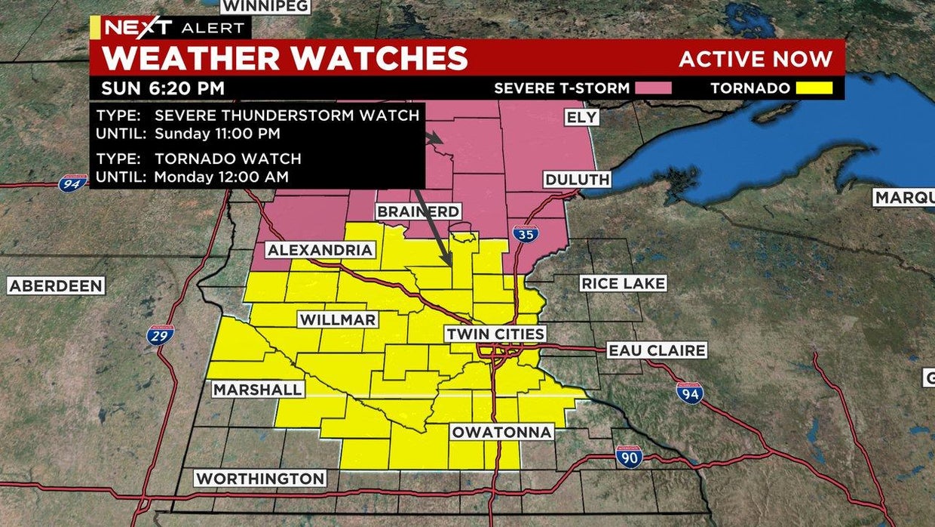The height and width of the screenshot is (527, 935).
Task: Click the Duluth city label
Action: coord(578,180)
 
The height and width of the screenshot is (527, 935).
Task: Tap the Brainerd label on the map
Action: coord(418,211)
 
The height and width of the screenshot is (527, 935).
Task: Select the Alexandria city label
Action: coord(320,250)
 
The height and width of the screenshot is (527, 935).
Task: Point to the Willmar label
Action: coord(338,319)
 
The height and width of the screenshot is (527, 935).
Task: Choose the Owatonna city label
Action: coord(502,432)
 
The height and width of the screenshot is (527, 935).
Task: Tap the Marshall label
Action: coord(258,389)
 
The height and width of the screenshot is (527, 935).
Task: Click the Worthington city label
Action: coord(260,478)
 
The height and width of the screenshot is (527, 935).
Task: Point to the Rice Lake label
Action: coord(623,283)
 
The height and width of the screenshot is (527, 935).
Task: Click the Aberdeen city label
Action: coord(57,285)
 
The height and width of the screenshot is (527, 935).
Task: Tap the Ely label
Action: coord(581,117)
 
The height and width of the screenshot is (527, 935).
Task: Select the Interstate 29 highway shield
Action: coord(160,334)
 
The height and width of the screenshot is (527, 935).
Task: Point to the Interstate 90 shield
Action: coord(629,456)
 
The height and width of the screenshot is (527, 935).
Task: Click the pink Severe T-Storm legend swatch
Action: coord(653,88)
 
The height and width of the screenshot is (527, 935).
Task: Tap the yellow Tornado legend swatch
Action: coord(814,88)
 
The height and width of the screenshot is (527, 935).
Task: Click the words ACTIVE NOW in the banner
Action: coord(756,59)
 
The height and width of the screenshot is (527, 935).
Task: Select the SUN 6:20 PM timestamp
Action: coord(163,88)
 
